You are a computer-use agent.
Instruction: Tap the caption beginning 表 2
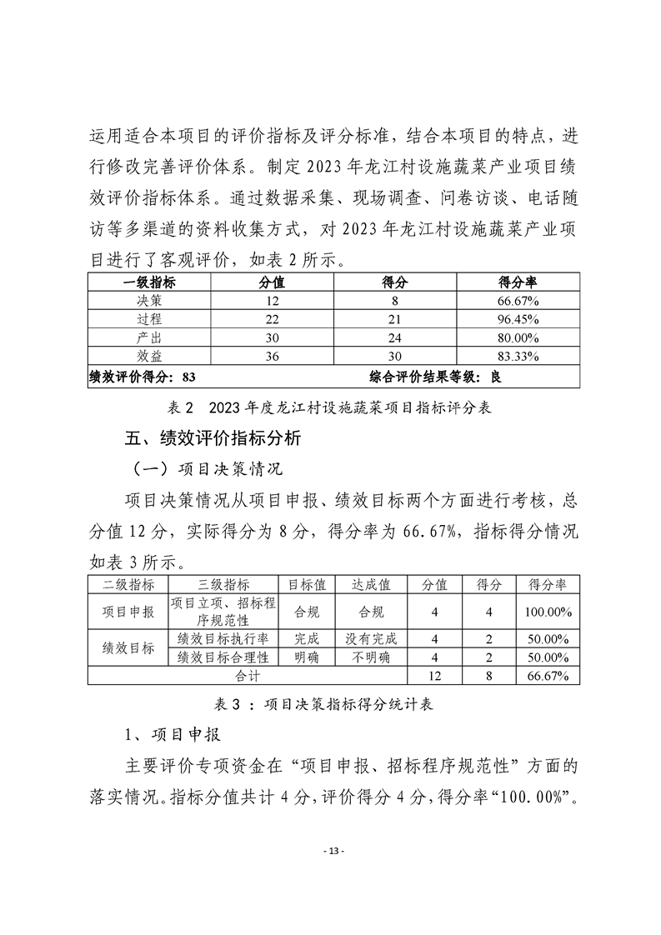(x=330, y=407)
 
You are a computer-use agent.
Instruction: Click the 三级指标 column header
(x=225, y=585)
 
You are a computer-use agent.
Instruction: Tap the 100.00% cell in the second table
(x=548, y=612)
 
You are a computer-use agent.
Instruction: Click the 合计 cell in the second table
(x=248, y=676)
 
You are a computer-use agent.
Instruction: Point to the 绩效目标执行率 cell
(x=225, y=639)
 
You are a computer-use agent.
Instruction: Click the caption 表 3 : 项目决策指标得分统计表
(x=330, y=703)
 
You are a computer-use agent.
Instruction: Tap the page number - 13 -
(x=331, y=851)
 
